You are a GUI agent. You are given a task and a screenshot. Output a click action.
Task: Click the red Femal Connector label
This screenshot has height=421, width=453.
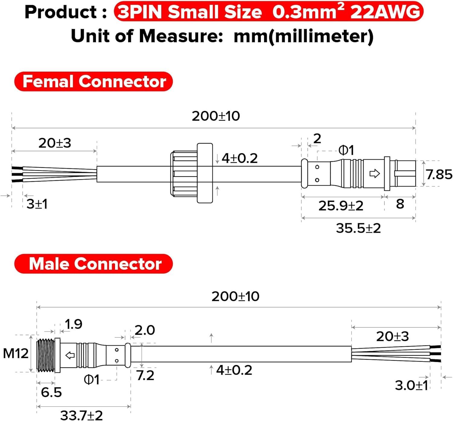click(94, 82)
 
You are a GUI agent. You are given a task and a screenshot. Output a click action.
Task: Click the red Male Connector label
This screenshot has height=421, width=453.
click(94, 264)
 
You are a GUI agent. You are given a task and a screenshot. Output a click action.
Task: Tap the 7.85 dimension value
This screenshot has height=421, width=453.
click(439, 174)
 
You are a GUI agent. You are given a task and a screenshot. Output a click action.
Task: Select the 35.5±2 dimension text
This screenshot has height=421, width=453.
click(358, 228)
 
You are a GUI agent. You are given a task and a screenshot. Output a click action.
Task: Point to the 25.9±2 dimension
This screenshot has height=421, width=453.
click(341, 206)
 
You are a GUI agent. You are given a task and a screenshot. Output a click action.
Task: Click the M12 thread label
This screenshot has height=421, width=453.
click(16, 353)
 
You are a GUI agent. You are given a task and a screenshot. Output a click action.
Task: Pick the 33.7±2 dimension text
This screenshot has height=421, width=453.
click(82, 415)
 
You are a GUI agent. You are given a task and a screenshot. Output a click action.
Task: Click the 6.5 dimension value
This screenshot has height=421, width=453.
click(51, 392)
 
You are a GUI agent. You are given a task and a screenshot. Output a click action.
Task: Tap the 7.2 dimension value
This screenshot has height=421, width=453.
click(145, 375)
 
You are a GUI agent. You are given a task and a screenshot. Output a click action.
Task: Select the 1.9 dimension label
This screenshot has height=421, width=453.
click(73, 324)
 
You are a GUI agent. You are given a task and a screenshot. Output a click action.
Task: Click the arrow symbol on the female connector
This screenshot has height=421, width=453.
click(374, 173)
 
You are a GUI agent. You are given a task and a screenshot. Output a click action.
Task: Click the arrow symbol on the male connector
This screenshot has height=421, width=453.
click(70, 355)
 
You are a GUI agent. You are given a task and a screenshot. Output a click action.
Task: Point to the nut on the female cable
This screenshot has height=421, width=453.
click(192, 173)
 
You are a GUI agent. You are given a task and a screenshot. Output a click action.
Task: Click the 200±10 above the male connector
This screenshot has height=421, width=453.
click(235, 296)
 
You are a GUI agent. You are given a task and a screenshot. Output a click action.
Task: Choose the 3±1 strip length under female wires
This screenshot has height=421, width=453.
click(37, 204)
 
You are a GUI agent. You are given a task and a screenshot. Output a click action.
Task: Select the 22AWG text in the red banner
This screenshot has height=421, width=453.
click(385, 12)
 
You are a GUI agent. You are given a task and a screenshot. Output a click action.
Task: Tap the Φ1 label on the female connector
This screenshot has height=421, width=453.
click(346, 150)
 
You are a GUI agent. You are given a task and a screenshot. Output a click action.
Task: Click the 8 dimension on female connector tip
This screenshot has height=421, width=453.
click(400, 204)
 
